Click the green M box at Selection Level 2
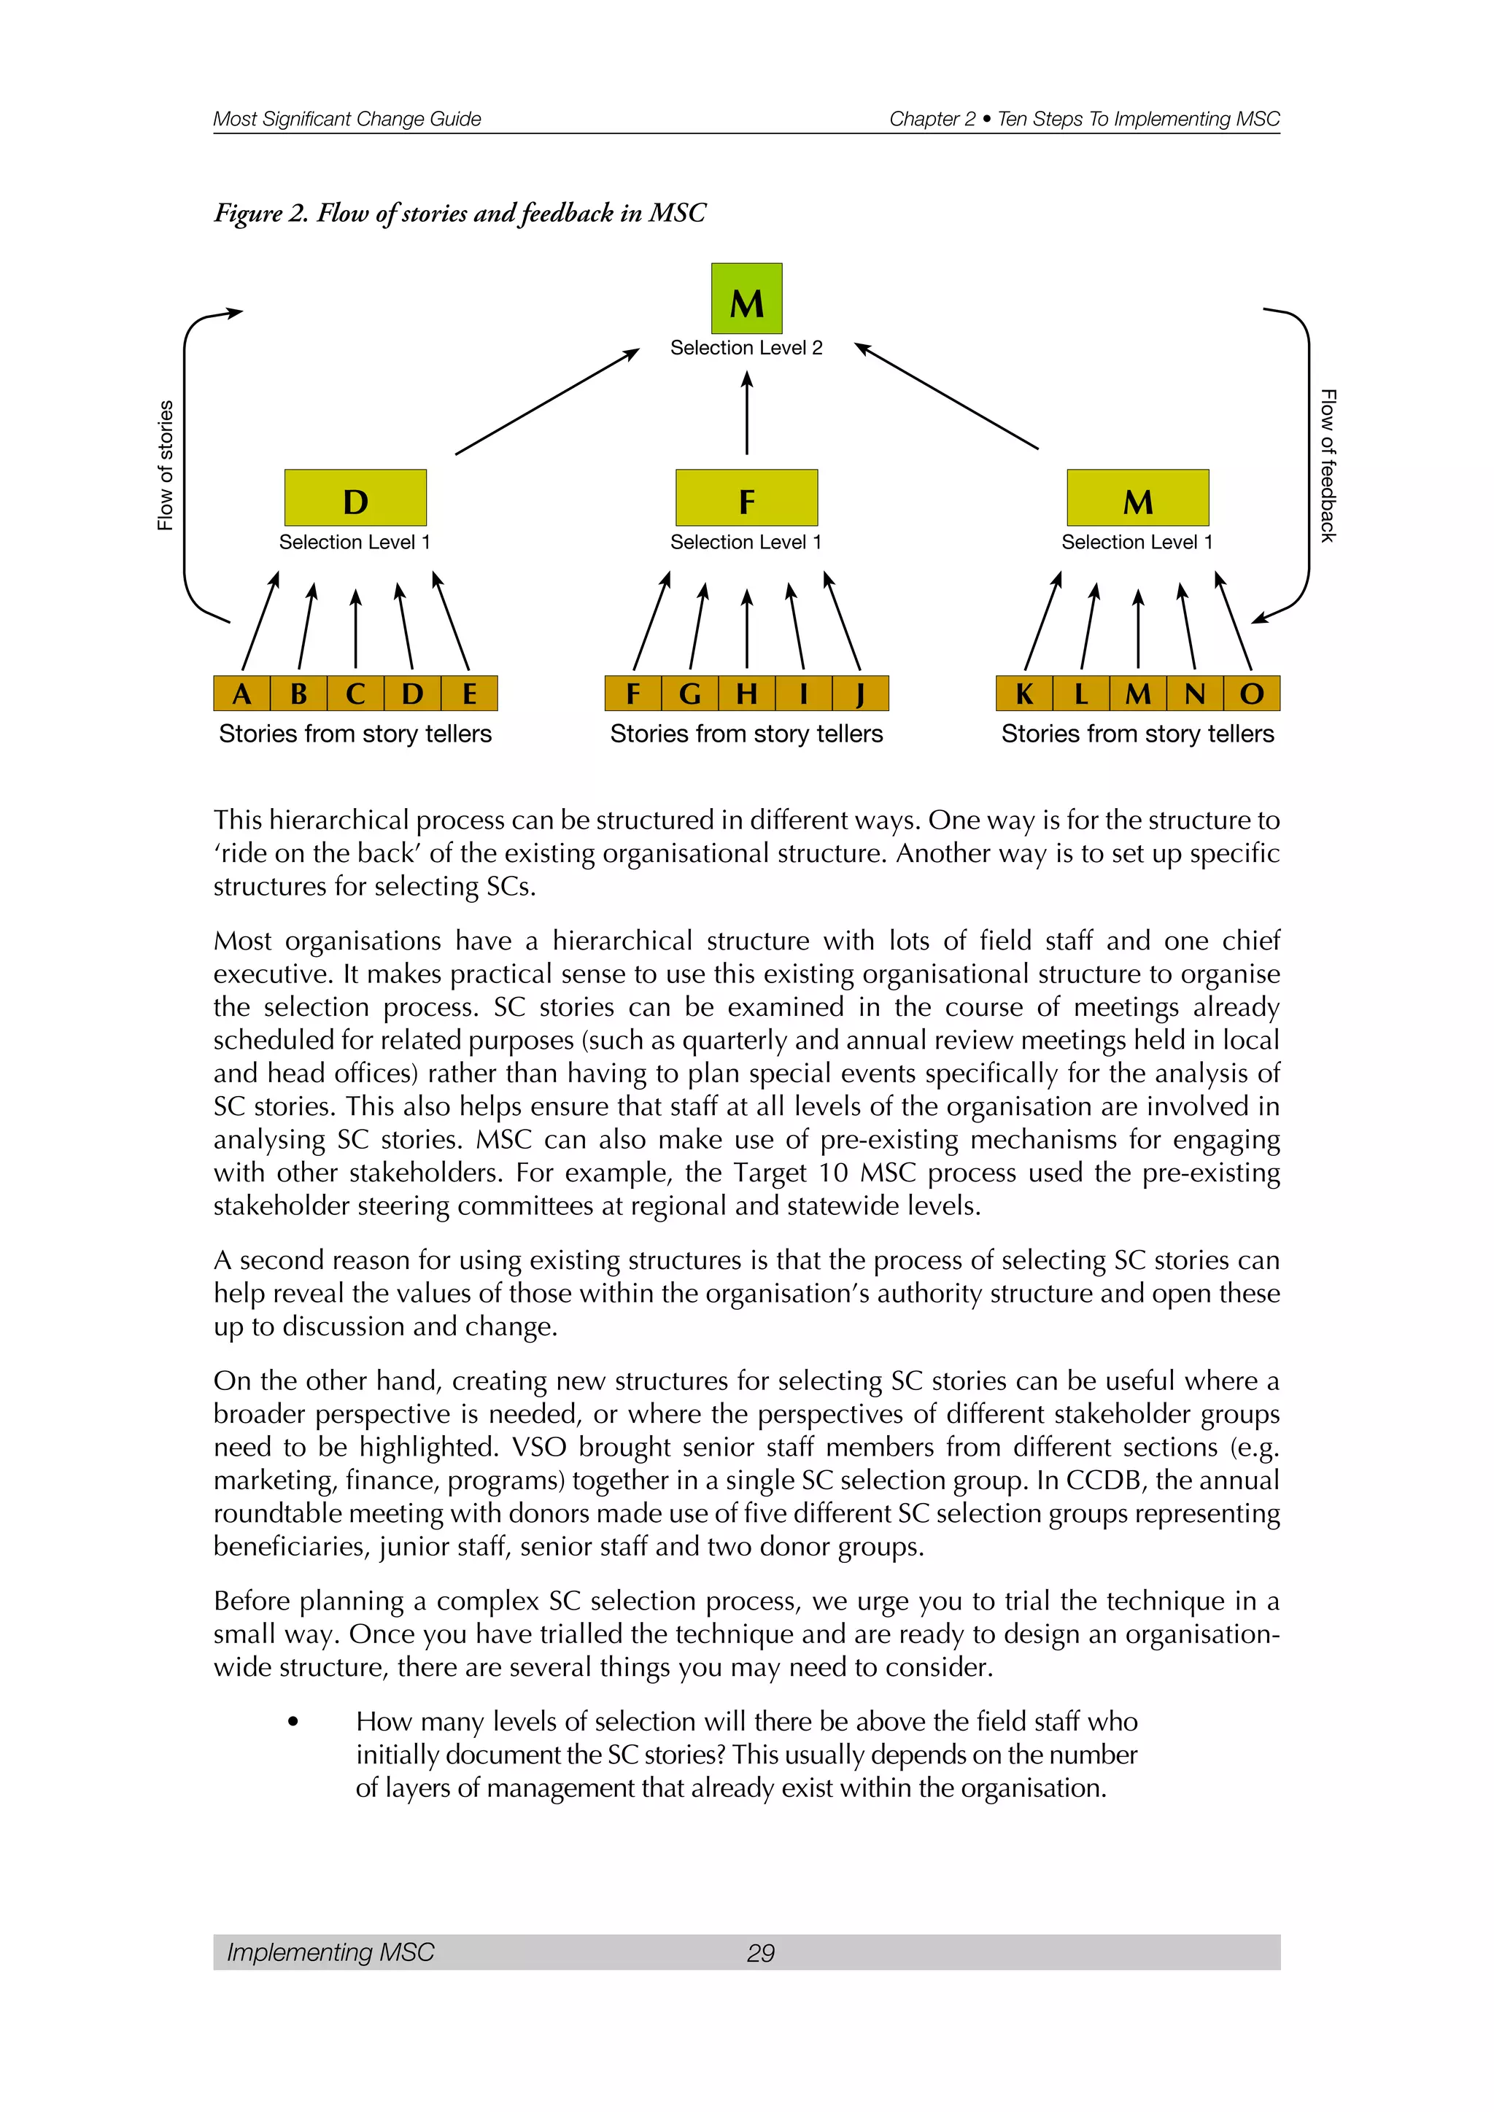(x=746, y=299)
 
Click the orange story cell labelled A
(x=242, y=694)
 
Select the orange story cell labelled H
(x=746, y=694)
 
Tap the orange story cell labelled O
(x=1251, y=694)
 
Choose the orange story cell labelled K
(x=1024, y=694)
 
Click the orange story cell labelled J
(x=860, y=694)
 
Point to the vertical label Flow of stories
(x=165, y=465)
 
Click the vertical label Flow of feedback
(x=1328, y=465)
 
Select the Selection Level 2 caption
(x=746, y=348)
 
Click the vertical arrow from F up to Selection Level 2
(x=746, y=414)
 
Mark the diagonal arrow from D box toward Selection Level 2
(x=546, y=402)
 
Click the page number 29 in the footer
(x=760, y=1953)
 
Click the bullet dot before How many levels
(x=293, y=1721)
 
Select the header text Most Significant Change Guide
(x=347, y=119)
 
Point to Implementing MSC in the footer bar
(x=330, y=1952)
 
